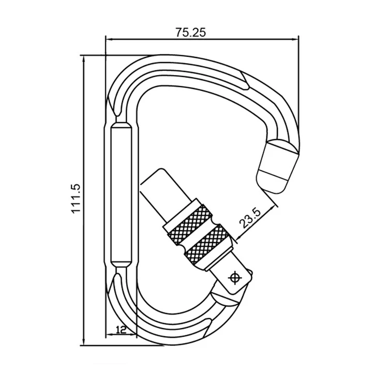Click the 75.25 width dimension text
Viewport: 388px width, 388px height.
click(191, 32)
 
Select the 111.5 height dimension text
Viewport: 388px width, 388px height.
click(77, 199)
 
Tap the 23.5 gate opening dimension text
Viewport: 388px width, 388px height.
click(250, 217)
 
